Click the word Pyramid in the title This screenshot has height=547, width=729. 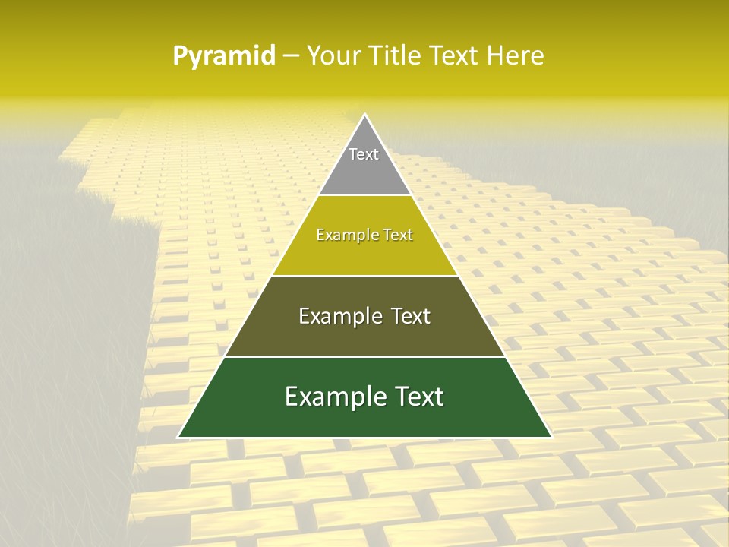coord(224,56)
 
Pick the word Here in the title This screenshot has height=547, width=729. coord(518,56)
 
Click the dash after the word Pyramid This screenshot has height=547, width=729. coord(290,56)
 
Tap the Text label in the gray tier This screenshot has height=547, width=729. coord(364,154)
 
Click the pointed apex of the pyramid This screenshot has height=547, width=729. coord(364,115)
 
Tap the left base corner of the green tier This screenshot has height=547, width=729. coord(179,437)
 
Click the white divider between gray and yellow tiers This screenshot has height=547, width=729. coord(364,194)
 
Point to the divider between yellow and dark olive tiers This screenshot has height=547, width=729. coord(364,276)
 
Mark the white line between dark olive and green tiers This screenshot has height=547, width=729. coord(364,356)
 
